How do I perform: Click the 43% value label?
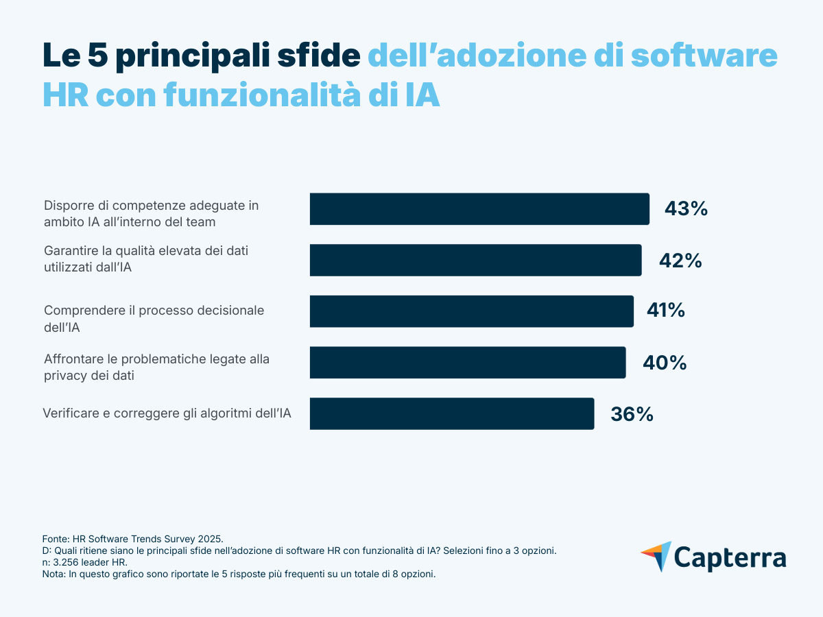tap(685, 209)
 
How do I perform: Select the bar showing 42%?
tap(475, 261)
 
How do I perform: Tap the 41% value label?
tap(665, 311)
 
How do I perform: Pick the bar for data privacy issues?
tap(468, 363)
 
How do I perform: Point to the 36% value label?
tap(632, 414)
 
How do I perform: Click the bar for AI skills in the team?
tap(479, 209)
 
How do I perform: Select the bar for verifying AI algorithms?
tap(452, 414)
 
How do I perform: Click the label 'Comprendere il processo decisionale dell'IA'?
tap(154, 319)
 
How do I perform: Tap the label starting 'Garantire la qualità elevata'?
tap(145, 259)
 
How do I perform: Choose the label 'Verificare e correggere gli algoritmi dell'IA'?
tap(167, 413)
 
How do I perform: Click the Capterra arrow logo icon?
tap(656, 556)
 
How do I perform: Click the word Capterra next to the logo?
tap(730, 557)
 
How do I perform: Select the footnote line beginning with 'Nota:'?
tap(239, 574)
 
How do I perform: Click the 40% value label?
tap(664, 363)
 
